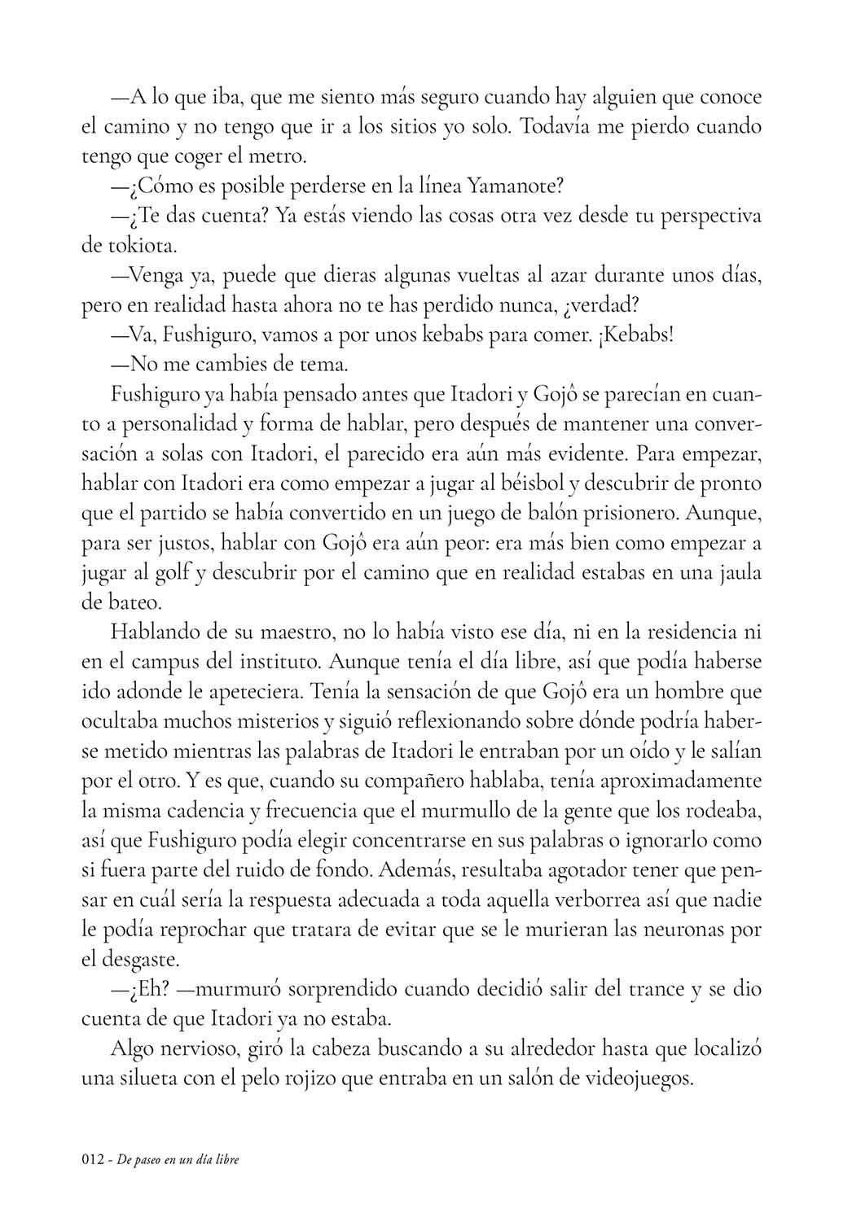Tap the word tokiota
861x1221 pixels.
point(135,246)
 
